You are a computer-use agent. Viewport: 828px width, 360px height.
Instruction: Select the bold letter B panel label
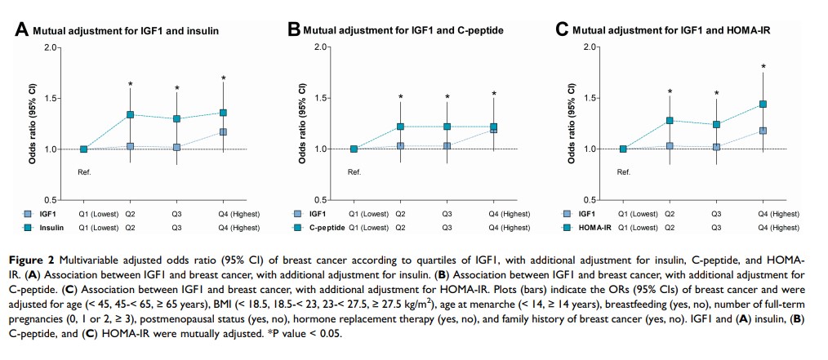pyautogui.click(x=295, y=30)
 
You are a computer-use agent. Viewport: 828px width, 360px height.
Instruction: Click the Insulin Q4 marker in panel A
pyautogui.click(x=224, y=112)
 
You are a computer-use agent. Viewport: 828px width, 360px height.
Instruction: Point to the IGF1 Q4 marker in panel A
pyautogui.click(x=224, y=131)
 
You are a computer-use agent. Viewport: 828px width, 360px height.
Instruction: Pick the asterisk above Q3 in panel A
pyautogui.click(x=177, y=88)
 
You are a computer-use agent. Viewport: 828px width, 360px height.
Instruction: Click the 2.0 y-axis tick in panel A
pyautogui.click(x=51, y=47)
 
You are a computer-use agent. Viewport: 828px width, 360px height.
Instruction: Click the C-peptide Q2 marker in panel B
pyautogui.click(x=400, y=127)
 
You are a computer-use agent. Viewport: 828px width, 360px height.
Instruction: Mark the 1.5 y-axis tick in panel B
pyautogui.click(x=319, y=98)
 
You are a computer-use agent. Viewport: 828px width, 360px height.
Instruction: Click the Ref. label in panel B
pyautogui.click(x=354, y=172)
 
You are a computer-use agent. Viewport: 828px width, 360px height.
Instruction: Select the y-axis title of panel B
pyautogui.click(x=302, y=123)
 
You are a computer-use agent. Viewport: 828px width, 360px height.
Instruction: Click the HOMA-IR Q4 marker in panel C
pyautogui.click(x=763, y=104)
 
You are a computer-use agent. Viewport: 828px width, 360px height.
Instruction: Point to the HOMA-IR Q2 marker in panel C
pyautogui.click(x=670, y=120)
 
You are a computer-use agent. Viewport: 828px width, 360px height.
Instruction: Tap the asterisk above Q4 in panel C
pyautogui.click(x=763, y=67)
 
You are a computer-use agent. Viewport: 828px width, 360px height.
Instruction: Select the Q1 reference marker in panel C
pyautogui.click(x=623, y=149)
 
